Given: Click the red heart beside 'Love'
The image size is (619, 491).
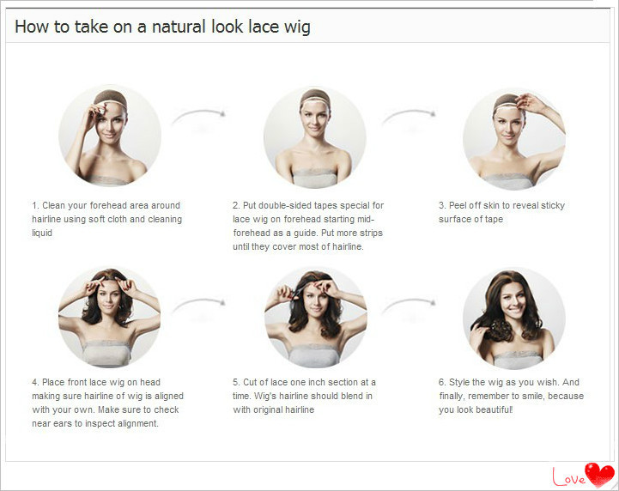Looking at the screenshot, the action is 599,475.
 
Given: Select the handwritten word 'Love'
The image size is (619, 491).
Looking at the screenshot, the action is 568,476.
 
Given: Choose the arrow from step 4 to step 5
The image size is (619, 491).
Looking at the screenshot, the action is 198,304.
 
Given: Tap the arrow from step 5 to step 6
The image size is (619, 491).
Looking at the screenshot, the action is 409,304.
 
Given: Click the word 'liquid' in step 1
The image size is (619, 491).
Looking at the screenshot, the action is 42,233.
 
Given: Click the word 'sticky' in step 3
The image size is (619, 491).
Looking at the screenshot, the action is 553,206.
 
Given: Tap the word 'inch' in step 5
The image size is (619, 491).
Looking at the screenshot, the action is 317,382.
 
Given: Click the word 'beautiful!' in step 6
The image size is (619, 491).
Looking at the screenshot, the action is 493,409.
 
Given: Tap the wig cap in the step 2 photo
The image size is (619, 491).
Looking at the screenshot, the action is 314,97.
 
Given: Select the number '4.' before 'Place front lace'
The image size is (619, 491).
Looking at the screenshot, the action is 35,382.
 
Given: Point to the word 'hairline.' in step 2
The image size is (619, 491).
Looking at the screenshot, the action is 348,246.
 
